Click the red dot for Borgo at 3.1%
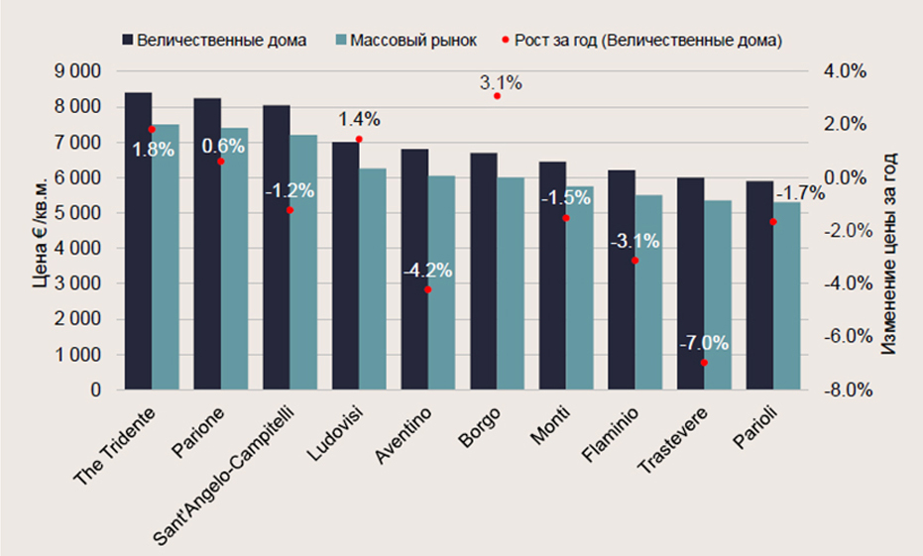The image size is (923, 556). [x=497, y=96]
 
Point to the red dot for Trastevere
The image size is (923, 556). [x=704, y=363]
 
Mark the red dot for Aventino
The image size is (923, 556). [x=428, y=289]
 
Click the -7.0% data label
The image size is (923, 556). [x=704, y=344]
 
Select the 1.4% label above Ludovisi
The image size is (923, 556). [x=359, y=119]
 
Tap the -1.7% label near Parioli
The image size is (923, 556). [x=799, y=193]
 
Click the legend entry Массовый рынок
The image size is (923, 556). [x=405, y=41]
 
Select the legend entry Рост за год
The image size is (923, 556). [x=644, y=41]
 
